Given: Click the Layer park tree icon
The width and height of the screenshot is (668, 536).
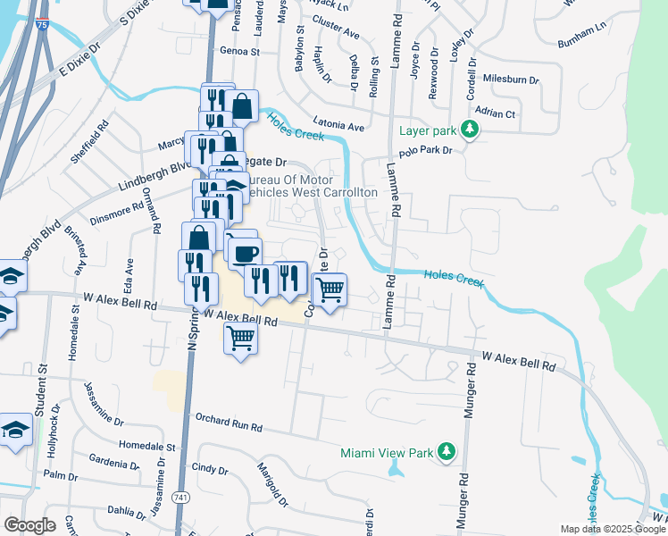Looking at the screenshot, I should (469, 130).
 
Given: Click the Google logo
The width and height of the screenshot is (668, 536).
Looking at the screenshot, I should (29, 525).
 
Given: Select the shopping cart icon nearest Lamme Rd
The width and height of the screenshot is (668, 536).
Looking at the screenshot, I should (330, 289).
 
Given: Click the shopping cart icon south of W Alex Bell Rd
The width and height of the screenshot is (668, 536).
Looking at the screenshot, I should (240, 339).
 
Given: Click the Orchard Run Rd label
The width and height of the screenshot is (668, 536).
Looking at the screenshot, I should (230, 425).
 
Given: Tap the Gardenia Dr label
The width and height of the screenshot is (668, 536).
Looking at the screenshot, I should (114, 462).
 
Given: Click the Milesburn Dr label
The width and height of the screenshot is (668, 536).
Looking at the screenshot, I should (510, 80).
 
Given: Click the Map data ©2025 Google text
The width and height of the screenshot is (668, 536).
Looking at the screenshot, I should (612, 529).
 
